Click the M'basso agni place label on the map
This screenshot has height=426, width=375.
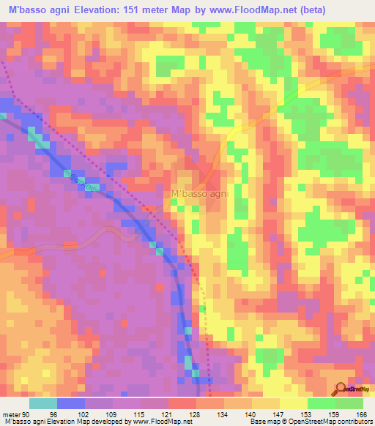pyautogui.click(x=199, y=194)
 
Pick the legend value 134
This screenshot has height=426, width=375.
pyautogui.click(x=213, y=415)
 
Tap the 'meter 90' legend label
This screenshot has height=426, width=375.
pyautogui.click(x=14, y=415)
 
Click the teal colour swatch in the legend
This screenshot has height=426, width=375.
pyautogui.click(x=42, y=403)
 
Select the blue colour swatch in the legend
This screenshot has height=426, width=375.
pyautogui.click(x=71, y=403)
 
